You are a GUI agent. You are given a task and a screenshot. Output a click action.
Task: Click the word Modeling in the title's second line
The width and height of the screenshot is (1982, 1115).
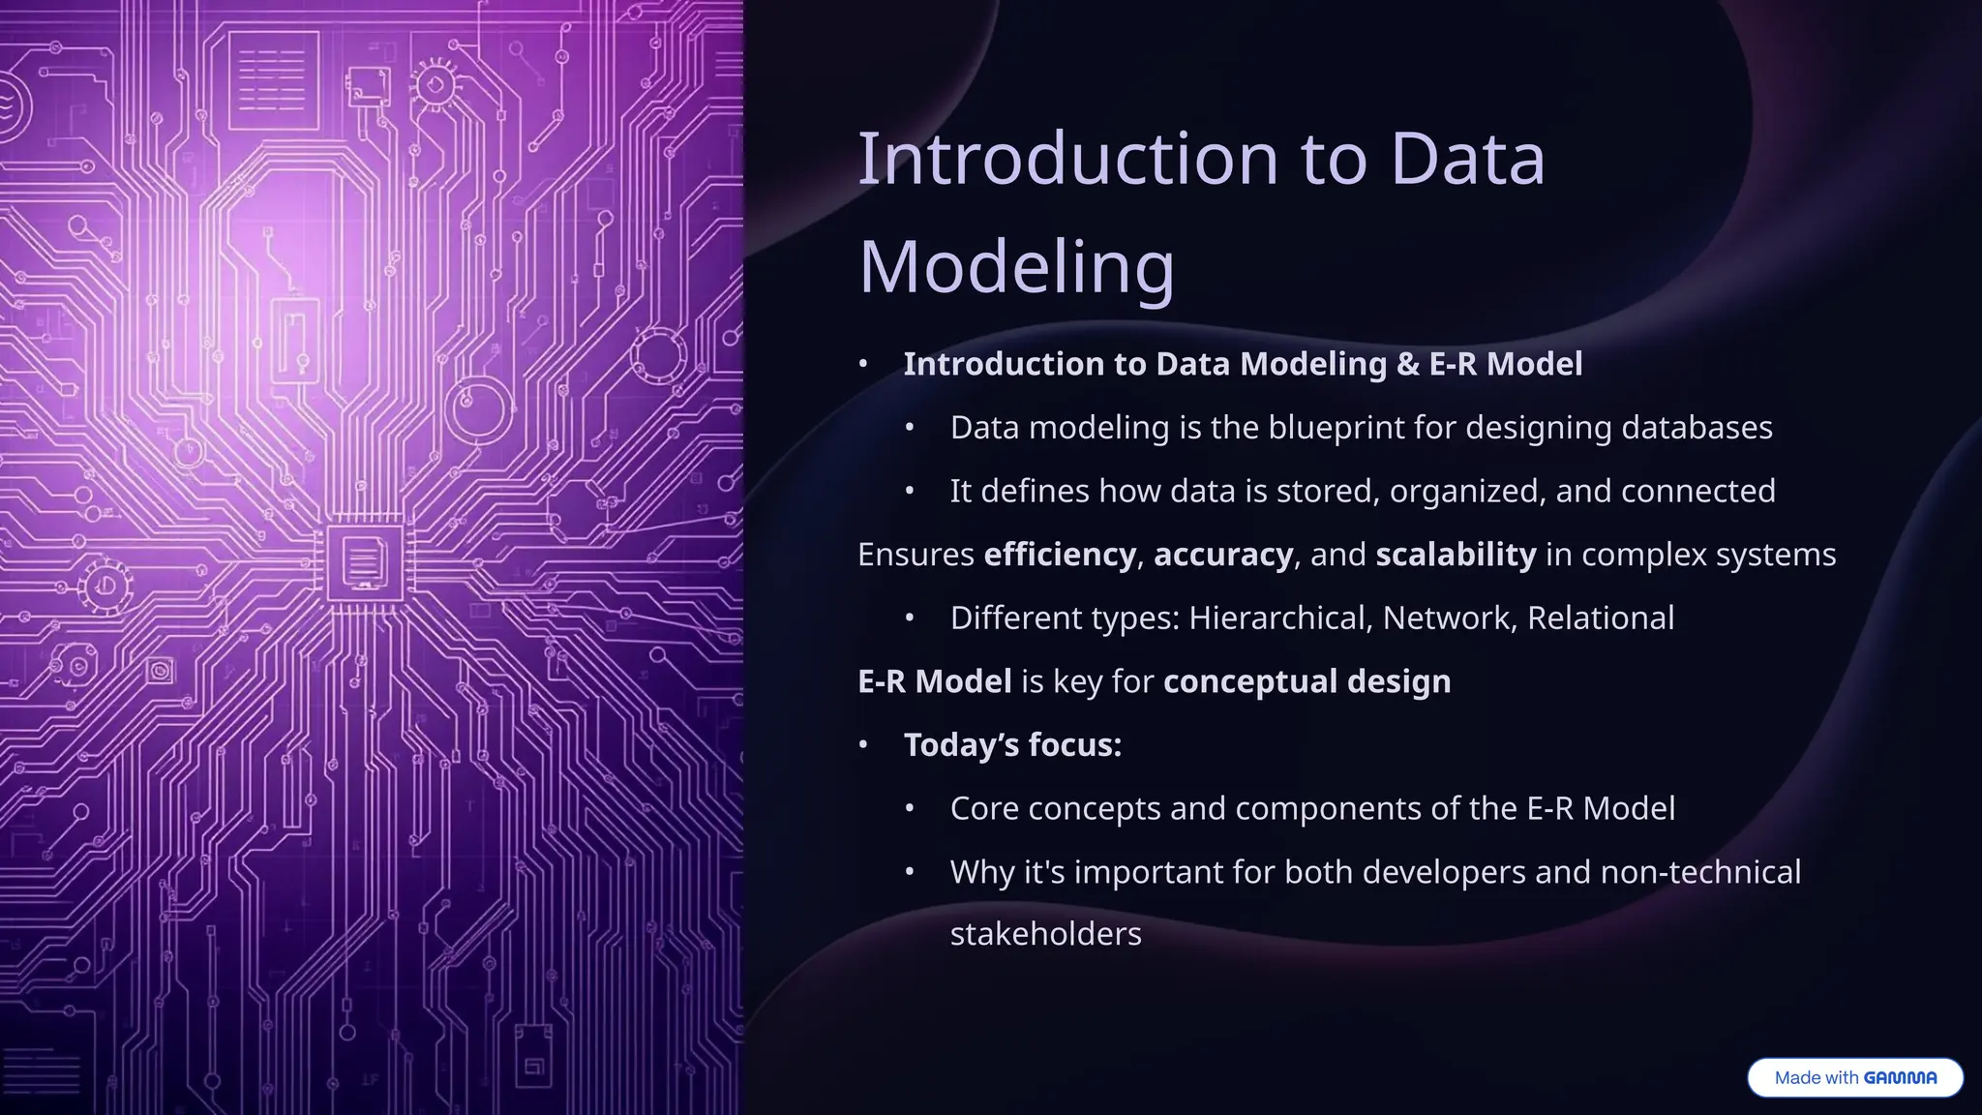1016,267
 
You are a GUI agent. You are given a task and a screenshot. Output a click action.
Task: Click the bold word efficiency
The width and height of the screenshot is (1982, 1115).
1059,555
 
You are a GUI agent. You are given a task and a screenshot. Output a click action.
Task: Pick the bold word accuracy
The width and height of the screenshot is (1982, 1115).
1222,555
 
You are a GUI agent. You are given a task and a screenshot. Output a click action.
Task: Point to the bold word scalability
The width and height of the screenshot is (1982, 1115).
1455,555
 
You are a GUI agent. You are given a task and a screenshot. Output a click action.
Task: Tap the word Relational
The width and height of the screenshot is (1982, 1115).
1600,618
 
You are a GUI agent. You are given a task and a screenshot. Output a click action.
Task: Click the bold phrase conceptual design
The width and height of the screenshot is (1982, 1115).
1306,681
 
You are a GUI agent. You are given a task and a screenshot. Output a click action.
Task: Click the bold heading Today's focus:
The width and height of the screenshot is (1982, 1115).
1012,745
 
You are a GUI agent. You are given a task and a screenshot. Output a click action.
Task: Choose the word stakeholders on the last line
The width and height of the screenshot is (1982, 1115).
1045,934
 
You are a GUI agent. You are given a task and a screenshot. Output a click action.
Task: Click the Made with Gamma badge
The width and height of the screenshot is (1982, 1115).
1854,1077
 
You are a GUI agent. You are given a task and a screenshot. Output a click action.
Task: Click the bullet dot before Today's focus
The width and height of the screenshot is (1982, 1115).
863,745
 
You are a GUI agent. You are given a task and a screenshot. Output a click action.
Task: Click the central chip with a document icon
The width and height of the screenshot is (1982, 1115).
364,561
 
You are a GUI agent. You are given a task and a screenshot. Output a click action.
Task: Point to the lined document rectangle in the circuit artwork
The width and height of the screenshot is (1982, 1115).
272,80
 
